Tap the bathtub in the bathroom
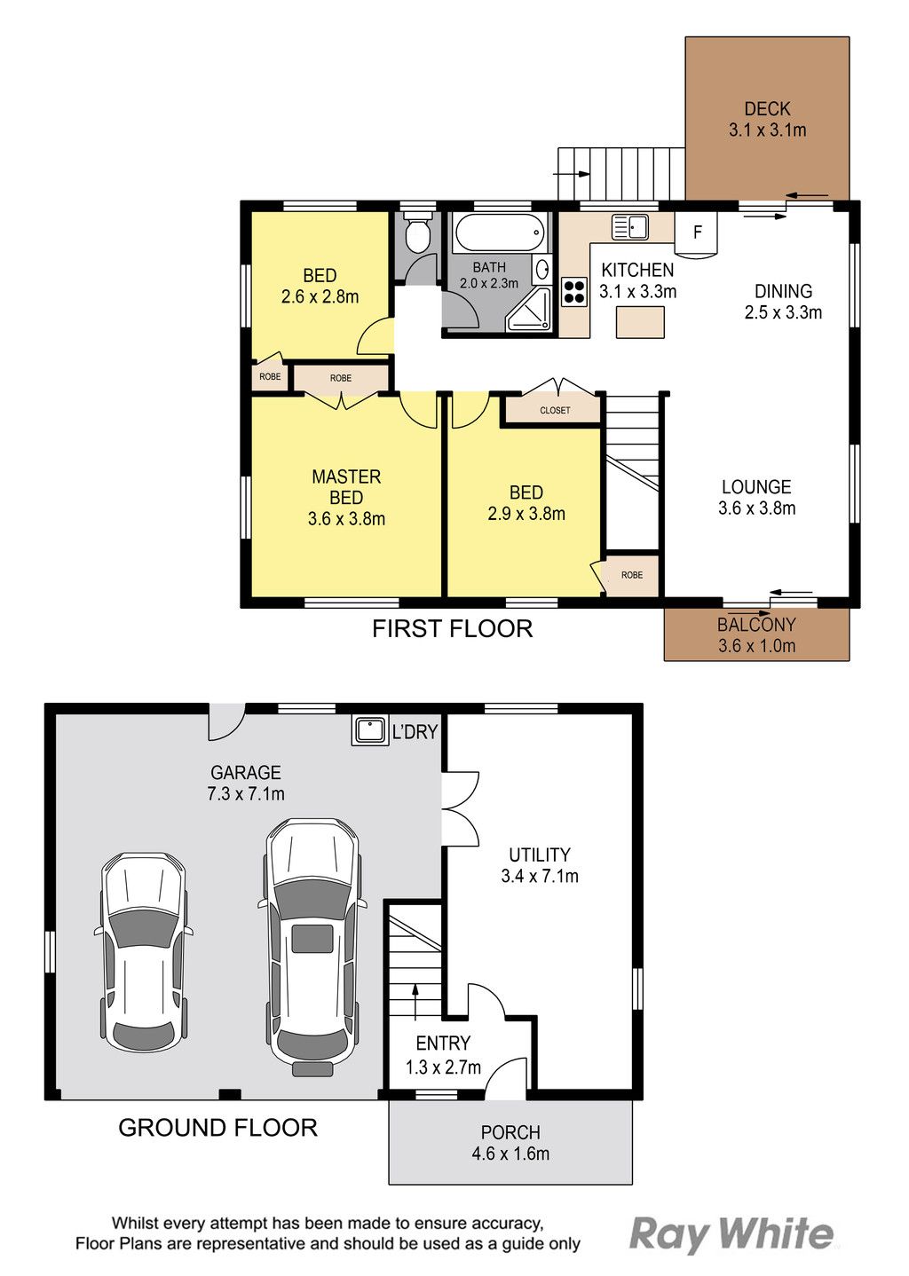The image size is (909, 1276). pyautogui.click(x=499, y=232)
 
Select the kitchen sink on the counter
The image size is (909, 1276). pyautogui.click(x=630, y=227)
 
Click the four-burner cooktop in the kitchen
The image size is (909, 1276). pyautogui.click(x=574, y=291)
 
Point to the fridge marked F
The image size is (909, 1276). pyautogui.click(x=696, y=233)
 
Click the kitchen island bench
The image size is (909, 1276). pyautogui.click(x=640, y=322)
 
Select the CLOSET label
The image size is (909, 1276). pyautogui.click(x=555, y=410)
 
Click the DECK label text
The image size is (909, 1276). pyautogui.click(x=767, y=108)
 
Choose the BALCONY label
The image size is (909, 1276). pyautogui.click(x=756, y=625)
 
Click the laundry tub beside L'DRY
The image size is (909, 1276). pyautogui.click(x=369, y=730)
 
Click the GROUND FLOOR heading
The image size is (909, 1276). pyautogui.click(x=217, y=1128)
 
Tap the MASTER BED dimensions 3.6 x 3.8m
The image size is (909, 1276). pyautogui.click(x=346, y=519)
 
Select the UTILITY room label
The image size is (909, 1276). pyautogui.click(x=540, y=855)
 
